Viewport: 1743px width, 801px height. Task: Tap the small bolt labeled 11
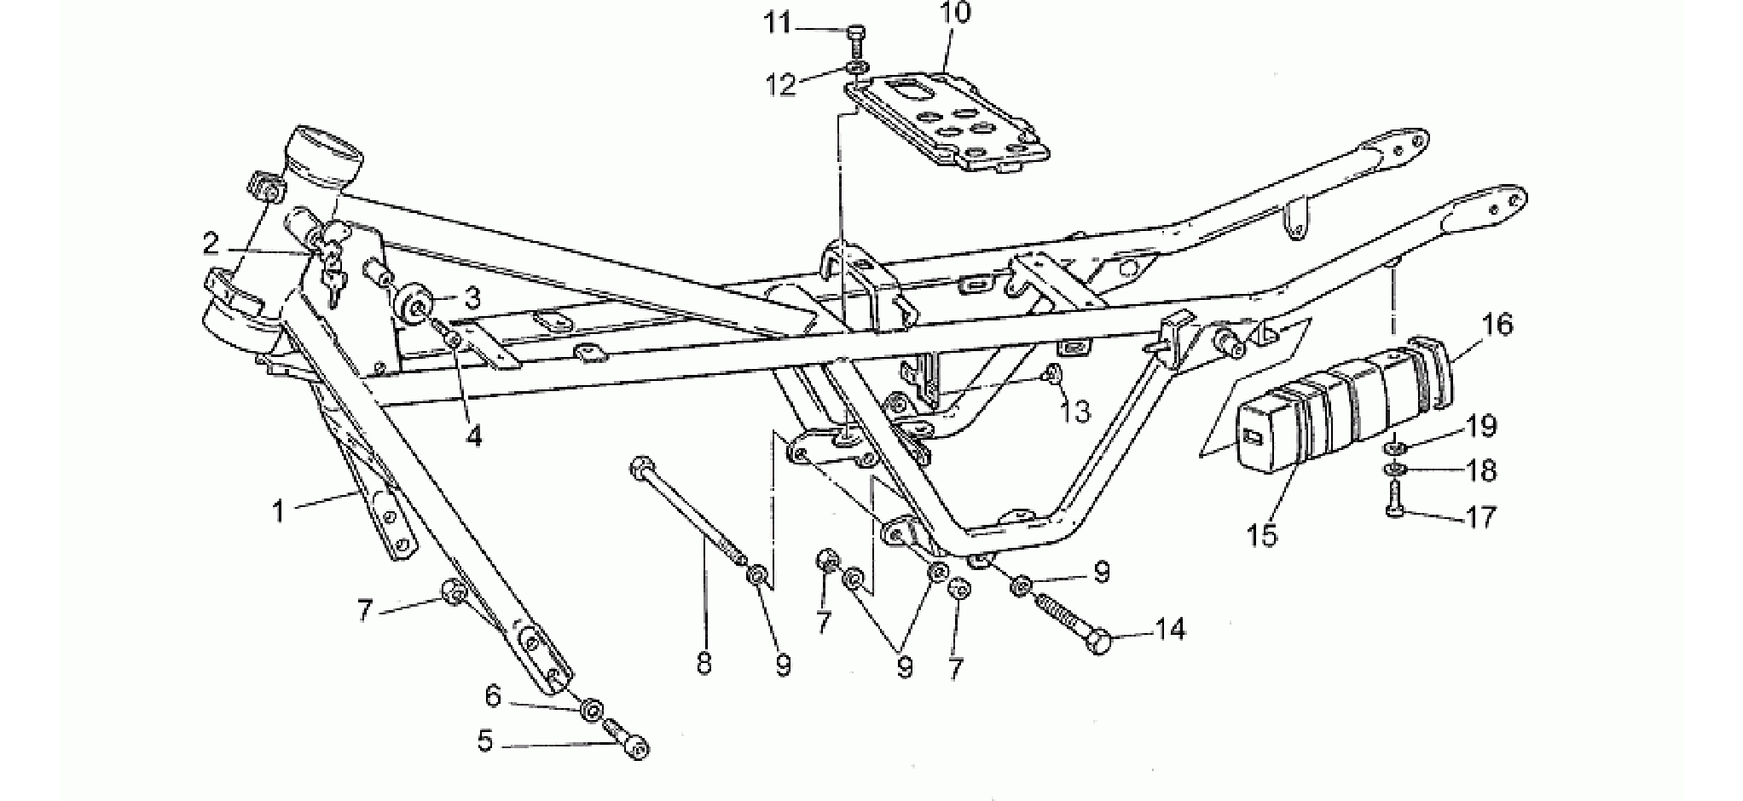[855, 39]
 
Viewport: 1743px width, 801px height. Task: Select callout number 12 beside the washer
[781, 84]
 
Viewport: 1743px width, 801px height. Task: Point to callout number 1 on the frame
[277, 511]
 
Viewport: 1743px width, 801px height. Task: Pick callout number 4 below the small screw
[473, 436]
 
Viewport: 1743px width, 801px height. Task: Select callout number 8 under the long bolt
[704, 663]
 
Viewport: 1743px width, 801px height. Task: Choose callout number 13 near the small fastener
[1075, 412]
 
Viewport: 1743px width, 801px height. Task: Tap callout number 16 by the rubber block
[1497, 325]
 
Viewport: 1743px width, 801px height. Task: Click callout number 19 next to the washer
[1481, 425]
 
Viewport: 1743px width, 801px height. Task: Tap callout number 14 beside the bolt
[1169, 630]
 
